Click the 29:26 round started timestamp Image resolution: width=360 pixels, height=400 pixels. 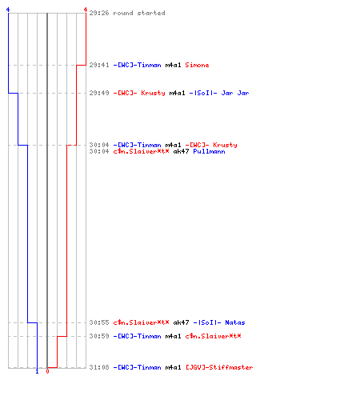pyautogui.click(x=99, y=13)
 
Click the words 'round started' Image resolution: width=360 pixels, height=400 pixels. pyautogui.click(x=139, y=13)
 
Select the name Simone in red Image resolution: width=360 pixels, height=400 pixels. pyautogui.click(x=197, y=65)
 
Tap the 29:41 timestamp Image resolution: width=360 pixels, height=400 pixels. pyautogui.click(x=99, y=65)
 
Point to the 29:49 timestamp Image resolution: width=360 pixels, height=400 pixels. pyautogui.click(x=99, y=93)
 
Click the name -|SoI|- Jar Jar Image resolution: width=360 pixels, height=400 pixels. pyautogui.click(x=219, y=93)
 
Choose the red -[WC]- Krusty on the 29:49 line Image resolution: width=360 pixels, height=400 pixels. pyautogui.click(x=139, y=93)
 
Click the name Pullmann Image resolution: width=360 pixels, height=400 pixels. pyautogui.click(x=209, y=151)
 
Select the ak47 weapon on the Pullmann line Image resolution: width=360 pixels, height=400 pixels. pyautogui.click(x=181, y=151)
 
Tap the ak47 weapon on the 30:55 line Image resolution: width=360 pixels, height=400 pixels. pyautogui.click(x=181, y=322)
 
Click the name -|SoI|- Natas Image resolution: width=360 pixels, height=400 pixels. pyautogui.click(x=219, y=322)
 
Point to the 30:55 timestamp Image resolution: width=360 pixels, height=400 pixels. pyautogui.click(x=99, y=322)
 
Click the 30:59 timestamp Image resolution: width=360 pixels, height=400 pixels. pyautogui.click(x=99, y=336)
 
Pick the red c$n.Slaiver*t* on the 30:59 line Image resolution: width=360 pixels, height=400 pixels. pyautogui.click(x=213, y=336)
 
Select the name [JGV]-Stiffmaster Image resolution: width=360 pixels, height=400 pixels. pyautogui.click(x=219, y=367)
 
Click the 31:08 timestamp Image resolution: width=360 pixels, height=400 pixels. pyautogui.click(x=99, y=367)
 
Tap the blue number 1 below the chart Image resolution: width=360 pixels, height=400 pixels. pyautogui.click(x=37, y=372)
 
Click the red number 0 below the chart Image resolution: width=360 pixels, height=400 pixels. pyautogui.click(x=47, y=371)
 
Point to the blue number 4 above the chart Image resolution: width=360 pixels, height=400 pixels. pyautogui.click(x=8, y=10)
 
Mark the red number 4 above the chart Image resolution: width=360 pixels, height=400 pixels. pyautogui.click(x=86, y=10)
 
